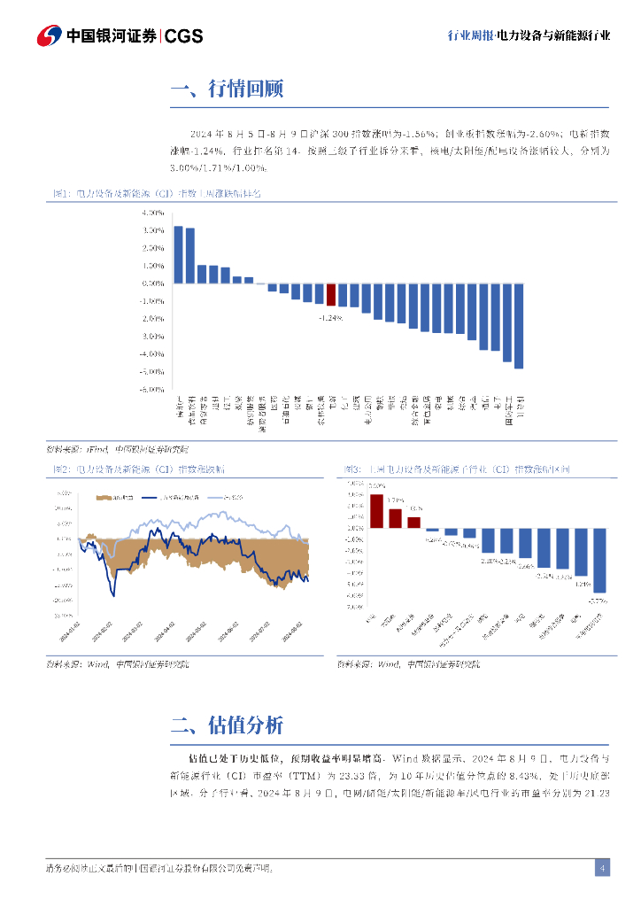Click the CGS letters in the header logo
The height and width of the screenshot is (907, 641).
click(x=185, y=35)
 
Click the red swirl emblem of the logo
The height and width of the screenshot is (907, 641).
click(x=49, y=35)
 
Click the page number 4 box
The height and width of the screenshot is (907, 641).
click(x=602, y=868)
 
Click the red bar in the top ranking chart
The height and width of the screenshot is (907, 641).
click(x=331, y=294)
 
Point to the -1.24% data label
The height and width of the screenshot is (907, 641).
click(x=330, y=316)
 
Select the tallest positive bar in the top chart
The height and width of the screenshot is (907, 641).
click(x=178, y=254)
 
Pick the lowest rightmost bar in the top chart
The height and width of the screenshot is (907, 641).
click(x=519, y=325)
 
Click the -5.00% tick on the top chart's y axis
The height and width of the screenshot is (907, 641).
click(x=153, y=371)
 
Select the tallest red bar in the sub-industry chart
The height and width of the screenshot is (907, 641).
click(x=376, y=511)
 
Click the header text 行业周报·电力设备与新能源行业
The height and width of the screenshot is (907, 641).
click(x=529, y=35)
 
